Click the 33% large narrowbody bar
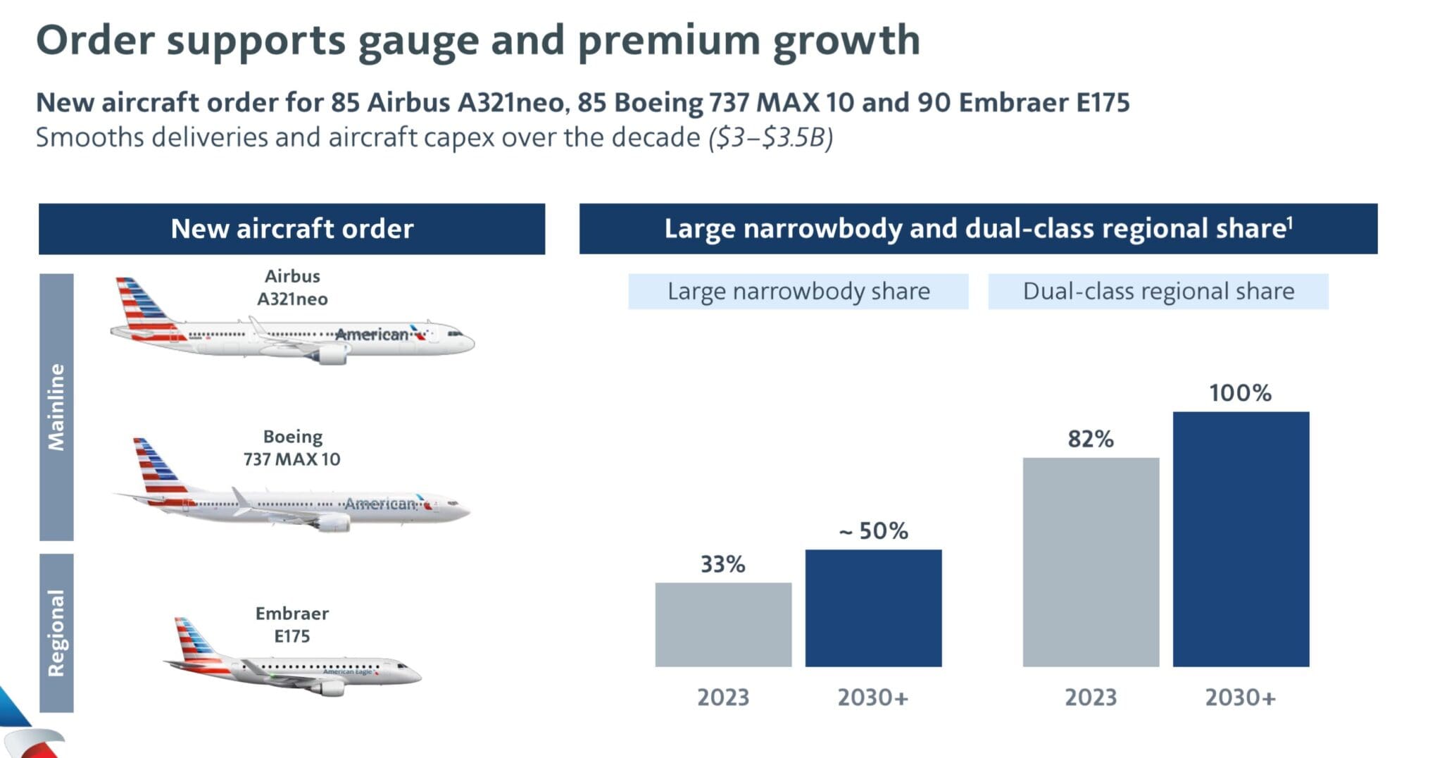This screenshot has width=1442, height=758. coord(723,624)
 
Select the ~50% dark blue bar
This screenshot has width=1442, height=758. coord(873,608)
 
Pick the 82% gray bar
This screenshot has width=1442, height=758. coord(1091,562)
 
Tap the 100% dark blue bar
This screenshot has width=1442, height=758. coord(1241,539)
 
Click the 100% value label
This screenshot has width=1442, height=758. coord(1240,393)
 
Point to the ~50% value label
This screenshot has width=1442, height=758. coord(873,530)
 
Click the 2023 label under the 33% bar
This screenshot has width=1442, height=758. coord(723,697)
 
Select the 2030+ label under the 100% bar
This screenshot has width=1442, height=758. coord(1240,697)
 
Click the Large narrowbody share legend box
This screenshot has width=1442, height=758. coord(798,292)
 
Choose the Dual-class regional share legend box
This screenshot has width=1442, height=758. coord(1158,292)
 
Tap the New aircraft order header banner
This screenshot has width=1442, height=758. coord(291,229)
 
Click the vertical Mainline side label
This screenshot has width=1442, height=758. coord(56,407)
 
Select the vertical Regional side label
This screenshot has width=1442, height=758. coord(56,633)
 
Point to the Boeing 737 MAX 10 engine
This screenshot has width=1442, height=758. coord(332,523)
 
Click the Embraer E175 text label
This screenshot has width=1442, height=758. coord(291,624)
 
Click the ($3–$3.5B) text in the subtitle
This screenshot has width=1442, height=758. coord(771,137)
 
